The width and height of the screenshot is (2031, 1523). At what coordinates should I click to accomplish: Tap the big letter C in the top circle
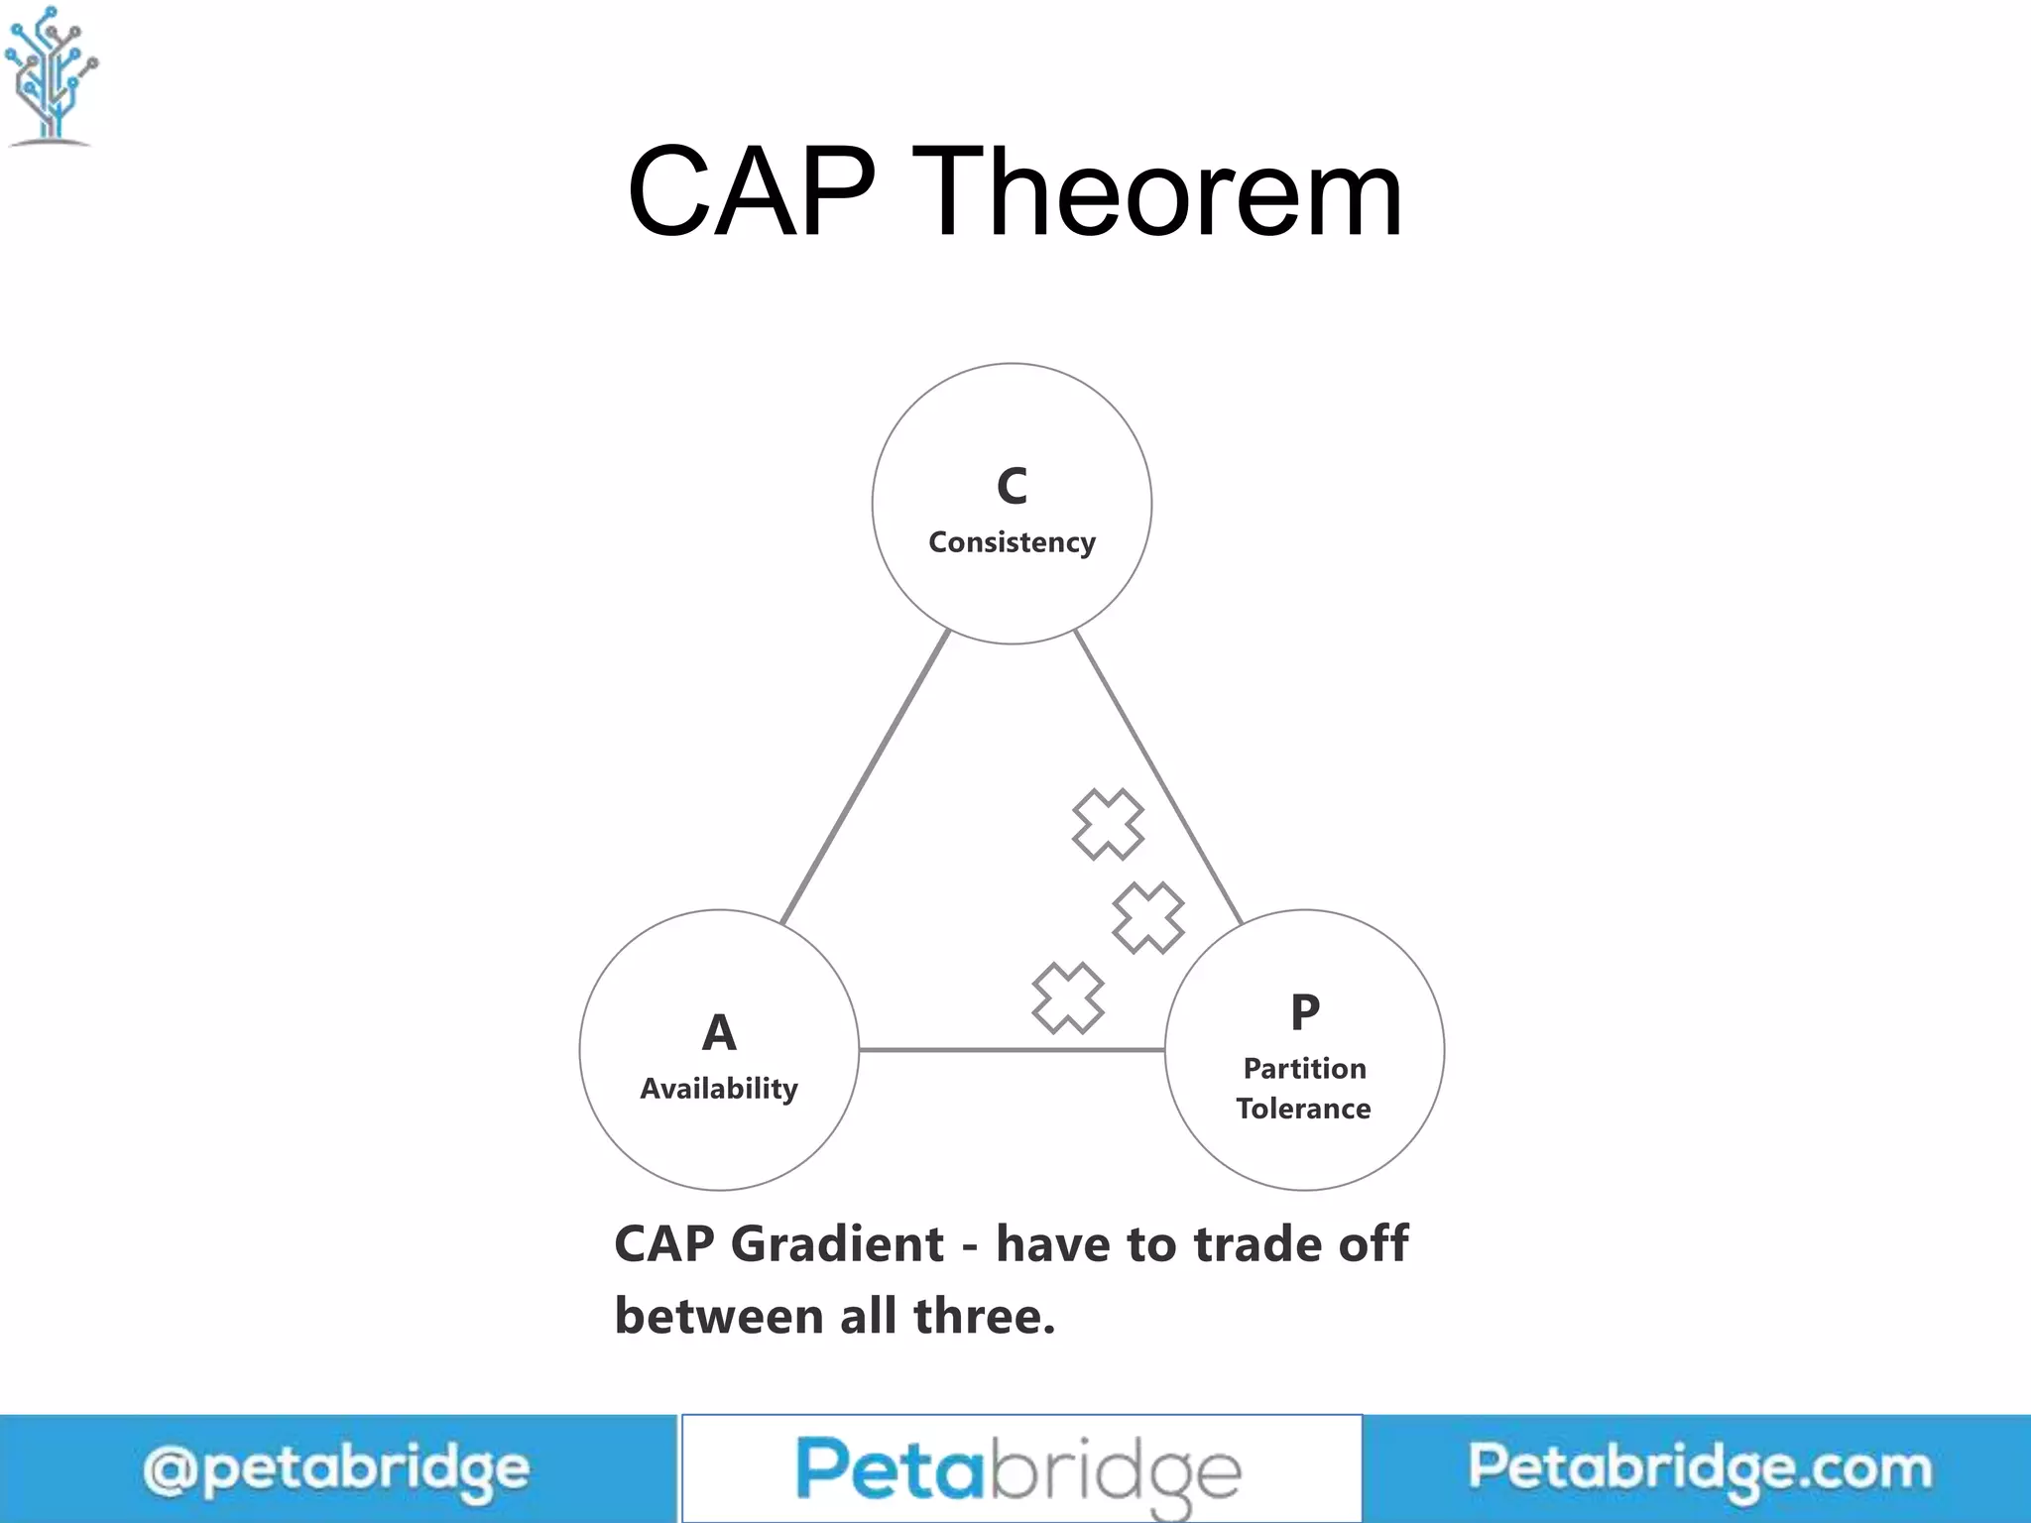(1012, 486)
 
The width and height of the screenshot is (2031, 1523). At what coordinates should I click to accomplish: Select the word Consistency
(1012, 542)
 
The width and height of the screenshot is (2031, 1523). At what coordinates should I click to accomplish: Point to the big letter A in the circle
(719, 1032)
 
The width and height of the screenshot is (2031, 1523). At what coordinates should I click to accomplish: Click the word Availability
(719, 1089)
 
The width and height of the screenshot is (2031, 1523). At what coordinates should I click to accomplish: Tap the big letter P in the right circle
(1305, 1012)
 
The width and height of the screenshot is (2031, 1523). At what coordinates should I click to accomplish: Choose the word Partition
(1305, 1068)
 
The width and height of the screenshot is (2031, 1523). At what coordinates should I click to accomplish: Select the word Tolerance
(1303, 1109)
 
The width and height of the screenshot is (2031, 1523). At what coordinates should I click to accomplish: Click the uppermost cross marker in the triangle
(1108, 824)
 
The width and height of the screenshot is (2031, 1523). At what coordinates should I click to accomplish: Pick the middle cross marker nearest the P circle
(1148, 918)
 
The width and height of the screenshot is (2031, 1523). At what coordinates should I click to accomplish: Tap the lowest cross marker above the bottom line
(1068, 997)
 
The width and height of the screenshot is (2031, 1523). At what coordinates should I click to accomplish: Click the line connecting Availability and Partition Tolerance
(1012, 1049)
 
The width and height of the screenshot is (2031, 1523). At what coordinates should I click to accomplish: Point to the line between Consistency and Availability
(865, 777)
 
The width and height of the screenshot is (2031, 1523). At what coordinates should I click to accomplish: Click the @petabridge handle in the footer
(335, 1469)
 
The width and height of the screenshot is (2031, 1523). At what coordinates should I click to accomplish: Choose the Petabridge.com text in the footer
(1700, 1467)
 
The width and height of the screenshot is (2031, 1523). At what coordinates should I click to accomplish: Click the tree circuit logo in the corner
(52, 75)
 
